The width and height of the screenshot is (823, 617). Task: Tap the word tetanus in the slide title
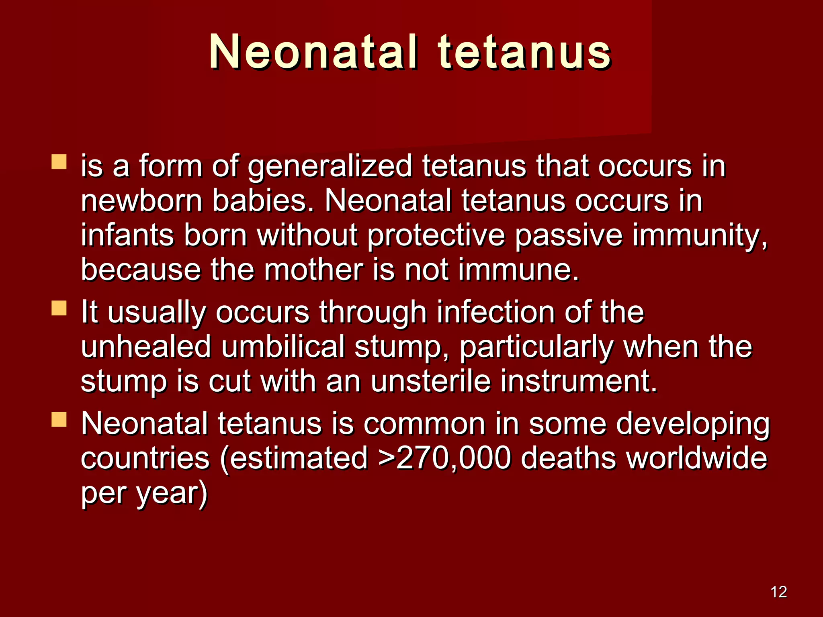coord(524,52)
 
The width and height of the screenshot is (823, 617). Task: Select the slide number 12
coord(779,592)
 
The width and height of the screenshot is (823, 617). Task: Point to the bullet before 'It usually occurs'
coord(59,308)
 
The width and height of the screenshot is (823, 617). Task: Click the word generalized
coord(330,167)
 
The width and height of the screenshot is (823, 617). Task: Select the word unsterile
coord(430,381)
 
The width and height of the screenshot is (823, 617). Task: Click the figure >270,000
coord(444,458)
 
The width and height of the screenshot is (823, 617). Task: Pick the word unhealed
coord(146,347)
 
